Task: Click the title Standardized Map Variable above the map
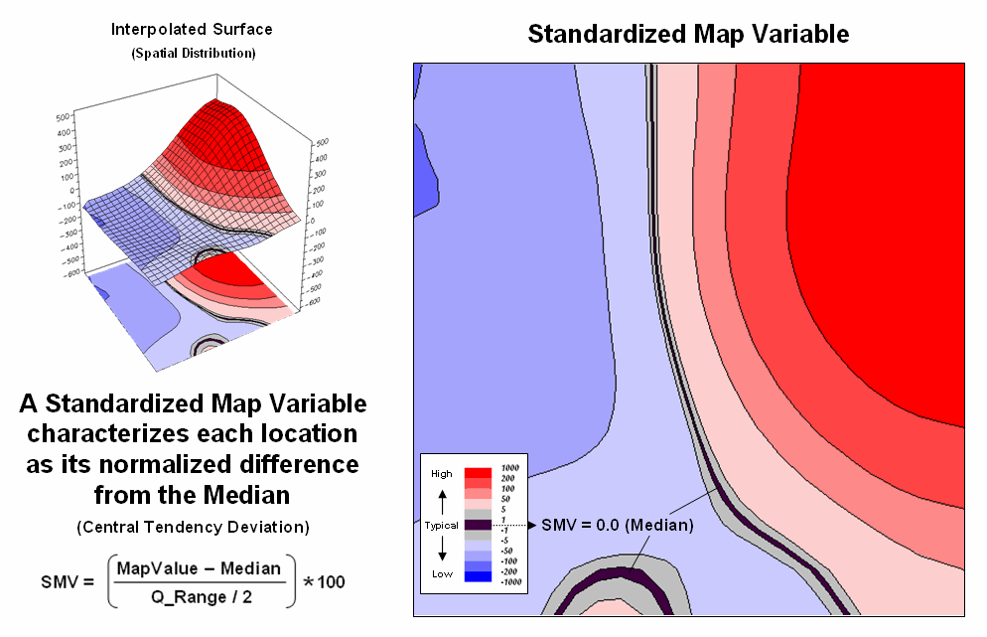click(688, 34)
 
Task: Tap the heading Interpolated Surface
click(192, 29)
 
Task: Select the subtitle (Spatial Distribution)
click(193, 53)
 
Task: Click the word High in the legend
click(442, 474)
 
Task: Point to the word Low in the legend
click(442, 573)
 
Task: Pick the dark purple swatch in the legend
click(479, 524)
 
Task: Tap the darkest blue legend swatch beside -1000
click(479, 576)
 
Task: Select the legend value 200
click(508, 479)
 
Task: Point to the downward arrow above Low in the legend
click(442, 550)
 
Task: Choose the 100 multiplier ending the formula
click(331, 582)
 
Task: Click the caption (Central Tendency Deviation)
click(193, 526)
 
